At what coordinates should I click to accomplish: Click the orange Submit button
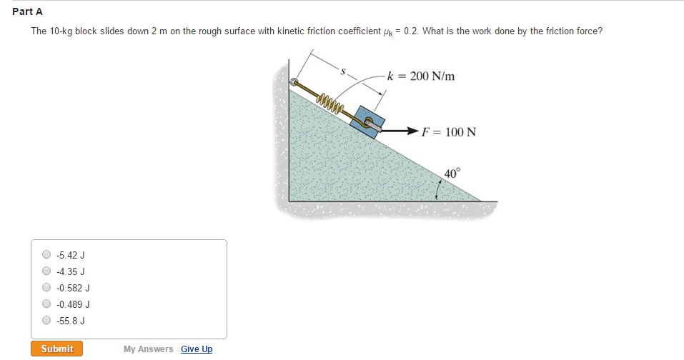(x=56, y=349)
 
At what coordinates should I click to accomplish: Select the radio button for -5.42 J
(x=46, y=254)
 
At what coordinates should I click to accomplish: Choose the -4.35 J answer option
(x=46, y=271)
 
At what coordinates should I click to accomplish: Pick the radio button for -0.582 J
(x=46, y=288)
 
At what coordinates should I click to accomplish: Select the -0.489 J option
(x=46, y=304)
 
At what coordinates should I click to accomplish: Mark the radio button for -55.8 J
(x=46, y=321)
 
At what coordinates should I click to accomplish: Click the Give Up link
(x=197, y=349)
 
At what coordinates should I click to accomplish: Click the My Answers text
(x=148, y=349)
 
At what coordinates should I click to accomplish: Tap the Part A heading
(x=28, y=11)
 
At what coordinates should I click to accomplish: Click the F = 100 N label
(x=449, y=132)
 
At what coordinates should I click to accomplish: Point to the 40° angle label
(x=452, y=174)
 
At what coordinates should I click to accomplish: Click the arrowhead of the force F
(x=412, y=132)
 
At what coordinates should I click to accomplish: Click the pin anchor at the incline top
(x=294, y=82)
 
